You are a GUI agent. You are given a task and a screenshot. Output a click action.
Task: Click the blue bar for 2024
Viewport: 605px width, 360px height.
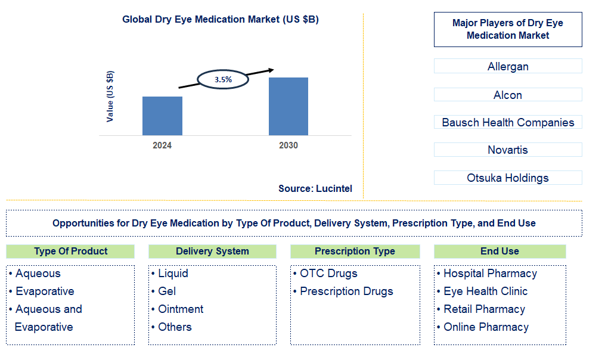click(162, 116)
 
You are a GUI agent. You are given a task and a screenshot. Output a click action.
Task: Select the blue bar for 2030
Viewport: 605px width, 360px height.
click(288, 106)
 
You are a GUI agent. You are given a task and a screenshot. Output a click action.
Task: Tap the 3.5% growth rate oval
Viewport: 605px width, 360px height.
click(223, 79)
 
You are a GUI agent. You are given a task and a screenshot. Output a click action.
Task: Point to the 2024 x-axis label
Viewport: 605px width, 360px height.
click(162, 145)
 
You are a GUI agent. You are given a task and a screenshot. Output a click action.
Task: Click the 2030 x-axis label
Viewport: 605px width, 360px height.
click(288, 145)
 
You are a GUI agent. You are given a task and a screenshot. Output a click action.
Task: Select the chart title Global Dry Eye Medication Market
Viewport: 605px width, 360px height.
click(221, 19)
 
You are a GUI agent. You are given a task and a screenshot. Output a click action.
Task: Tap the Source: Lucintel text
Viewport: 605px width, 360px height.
click(315, 188)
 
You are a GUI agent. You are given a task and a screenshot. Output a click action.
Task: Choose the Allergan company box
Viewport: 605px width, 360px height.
click(508, 66)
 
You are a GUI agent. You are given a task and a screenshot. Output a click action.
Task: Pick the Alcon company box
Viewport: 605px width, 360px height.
click(508, 95)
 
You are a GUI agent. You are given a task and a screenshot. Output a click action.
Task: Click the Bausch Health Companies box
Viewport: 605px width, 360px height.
click(508, 122)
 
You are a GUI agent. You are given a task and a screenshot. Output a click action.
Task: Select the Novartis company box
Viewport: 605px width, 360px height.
click(508, 150)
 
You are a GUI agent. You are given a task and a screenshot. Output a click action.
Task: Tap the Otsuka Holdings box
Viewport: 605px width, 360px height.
click(508, 178)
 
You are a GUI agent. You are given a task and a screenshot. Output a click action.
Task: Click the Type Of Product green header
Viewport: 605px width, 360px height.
click(71, 251)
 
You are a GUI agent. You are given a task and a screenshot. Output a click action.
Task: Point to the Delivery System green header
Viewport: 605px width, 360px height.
click(212, 251)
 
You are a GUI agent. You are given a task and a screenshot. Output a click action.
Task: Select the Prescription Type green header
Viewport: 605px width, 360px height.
click(355, 251)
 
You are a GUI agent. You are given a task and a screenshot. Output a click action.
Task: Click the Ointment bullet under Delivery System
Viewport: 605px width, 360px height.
click(181, 309)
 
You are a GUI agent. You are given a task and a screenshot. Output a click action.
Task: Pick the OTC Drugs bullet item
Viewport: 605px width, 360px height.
click(328, 274)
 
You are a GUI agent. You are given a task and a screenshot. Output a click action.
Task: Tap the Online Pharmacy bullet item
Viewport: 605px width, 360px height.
click(486, 327)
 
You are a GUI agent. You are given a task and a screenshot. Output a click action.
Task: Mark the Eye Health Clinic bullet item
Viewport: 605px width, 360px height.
click(485, 291)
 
